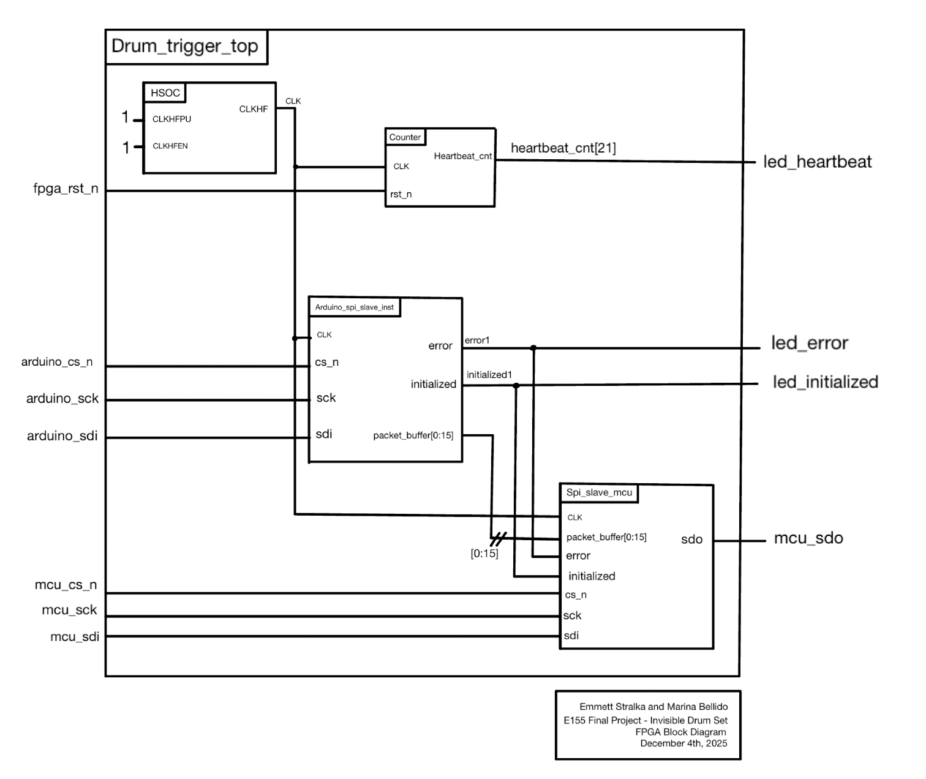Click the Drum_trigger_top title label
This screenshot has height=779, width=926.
pos(185,47)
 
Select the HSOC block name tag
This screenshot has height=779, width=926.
pos(165,93)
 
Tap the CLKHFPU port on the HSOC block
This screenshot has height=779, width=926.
pos(171,119)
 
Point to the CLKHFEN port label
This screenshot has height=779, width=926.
pos(170,146)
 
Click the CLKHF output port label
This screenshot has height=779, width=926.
pos(253,110)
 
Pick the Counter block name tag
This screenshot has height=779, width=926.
pos(405,137)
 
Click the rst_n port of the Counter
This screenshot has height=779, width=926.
pos(401,195)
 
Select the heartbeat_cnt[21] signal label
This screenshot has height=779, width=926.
pos(563,148)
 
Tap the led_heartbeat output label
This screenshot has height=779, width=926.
pos(817,162)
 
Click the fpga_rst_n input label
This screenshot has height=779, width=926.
pos(66,189)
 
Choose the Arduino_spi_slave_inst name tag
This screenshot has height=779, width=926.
pos(354,307)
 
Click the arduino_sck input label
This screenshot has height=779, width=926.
pos(62,399)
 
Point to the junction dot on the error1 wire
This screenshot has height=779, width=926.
pos(533,348)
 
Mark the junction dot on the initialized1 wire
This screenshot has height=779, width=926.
pos(516,386)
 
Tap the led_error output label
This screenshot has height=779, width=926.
pos(809,343)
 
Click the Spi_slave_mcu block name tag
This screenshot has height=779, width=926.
pos(598,493)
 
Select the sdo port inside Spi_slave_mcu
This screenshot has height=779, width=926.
pos(691,540)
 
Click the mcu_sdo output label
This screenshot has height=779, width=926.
pos(808,538)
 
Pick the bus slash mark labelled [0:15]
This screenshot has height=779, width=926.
pos(498,540)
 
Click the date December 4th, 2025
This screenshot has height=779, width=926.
pos(683,743)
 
